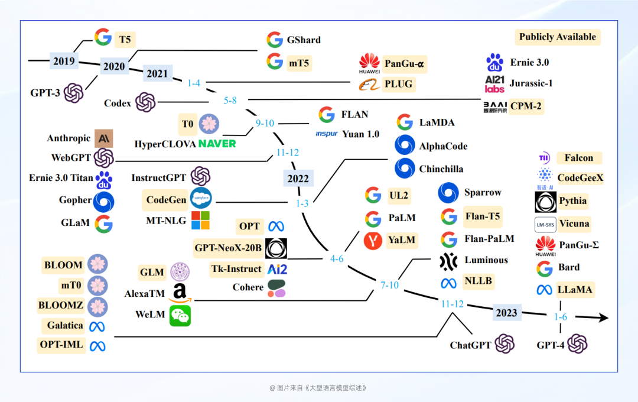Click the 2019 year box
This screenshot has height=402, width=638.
click(64, 61)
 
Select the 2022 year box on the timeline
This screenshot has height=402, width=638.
click(298, 179)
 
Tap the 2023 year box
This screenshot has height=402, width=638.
click(507, 313)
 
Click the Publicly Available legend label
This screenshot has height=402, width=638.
click(557, 37)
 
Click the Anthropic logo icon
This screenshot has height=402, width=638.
click(104, 138)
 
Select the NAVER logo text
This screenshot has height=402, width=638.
click(217, 144)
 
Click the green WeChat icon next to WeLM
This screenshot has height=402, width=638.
click(180, 316)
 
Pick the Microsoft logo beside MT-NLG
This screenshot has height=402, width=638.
click(200, 221)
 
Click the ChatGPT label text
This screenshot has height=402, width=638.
click(470, 345)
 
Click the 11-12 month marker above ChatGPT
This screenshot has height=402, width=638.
click(453, 304)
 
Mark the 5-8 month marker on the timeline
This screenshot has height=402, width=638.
click(230, 100)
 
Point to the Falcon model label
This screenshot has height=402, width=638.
click(578, 158)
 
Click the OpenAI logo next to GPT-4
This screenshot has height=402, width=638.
click(577, 344)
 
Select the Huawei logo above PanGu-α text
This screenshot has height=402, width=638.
click(369, 61)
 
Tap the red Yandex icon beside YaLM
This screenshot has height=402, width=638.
click(373, 241)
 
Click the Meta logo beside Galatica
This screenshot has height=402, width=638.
click(96, 326)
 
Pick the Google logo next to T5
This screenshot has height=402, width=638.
click(103, 38)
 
